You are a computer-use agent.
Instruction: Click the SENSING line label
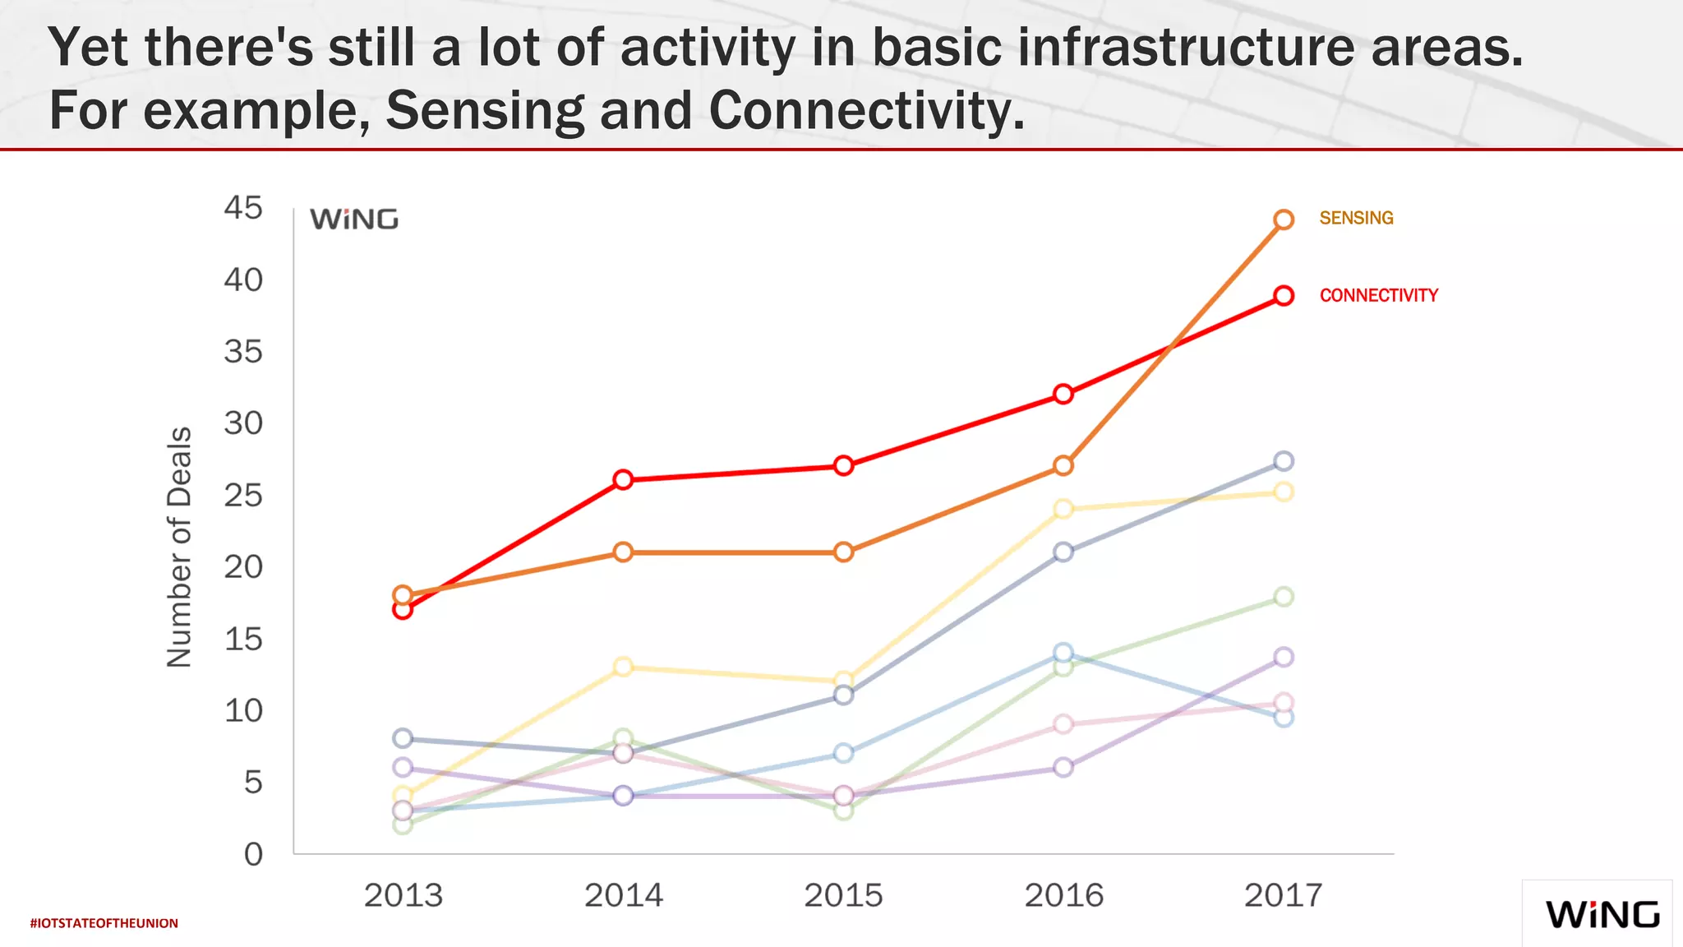[1356, 218]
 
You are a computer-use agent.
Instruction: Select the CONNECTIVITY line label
[1378, 295]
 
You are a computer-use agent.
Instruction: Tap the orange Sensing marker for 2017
[1284, 219]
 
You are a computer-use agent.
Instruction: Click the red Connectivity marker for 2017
[1284, 296]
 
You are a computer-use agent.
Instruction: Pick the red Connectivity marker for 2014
[623, 479]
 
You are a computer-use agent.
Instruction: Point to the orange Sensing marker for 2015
[843, 552]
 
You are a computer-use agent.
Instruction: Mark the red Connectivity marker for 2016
[1063, 394]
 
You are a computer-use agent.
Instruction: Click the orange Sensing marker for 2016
[1063, 466]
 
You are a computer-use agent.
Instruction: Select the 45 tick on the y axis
[243, 208]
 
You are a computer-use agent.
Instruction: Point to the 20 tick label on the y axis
[243, 567]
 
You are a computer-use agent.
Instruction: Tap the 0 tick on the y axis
[253, 854]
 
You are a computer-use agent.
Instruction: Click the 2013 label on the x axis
[403, 895]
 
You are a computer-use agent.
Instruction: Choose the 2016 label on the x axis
[1063, 895]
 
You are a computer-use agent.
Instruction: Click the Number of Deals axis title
[179, 547]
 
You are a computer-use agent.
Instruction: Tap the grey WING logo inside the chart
[354, 219]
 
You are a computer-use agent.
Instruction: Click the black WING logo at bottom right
[1602, 915]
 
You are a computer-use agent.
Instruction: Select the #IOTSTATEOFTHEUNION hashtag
[104, 923]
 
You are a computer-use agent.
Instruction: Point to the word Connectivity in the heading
[867, 110]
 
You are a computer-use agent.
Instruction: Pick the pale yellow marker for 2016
[1063, 509]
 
